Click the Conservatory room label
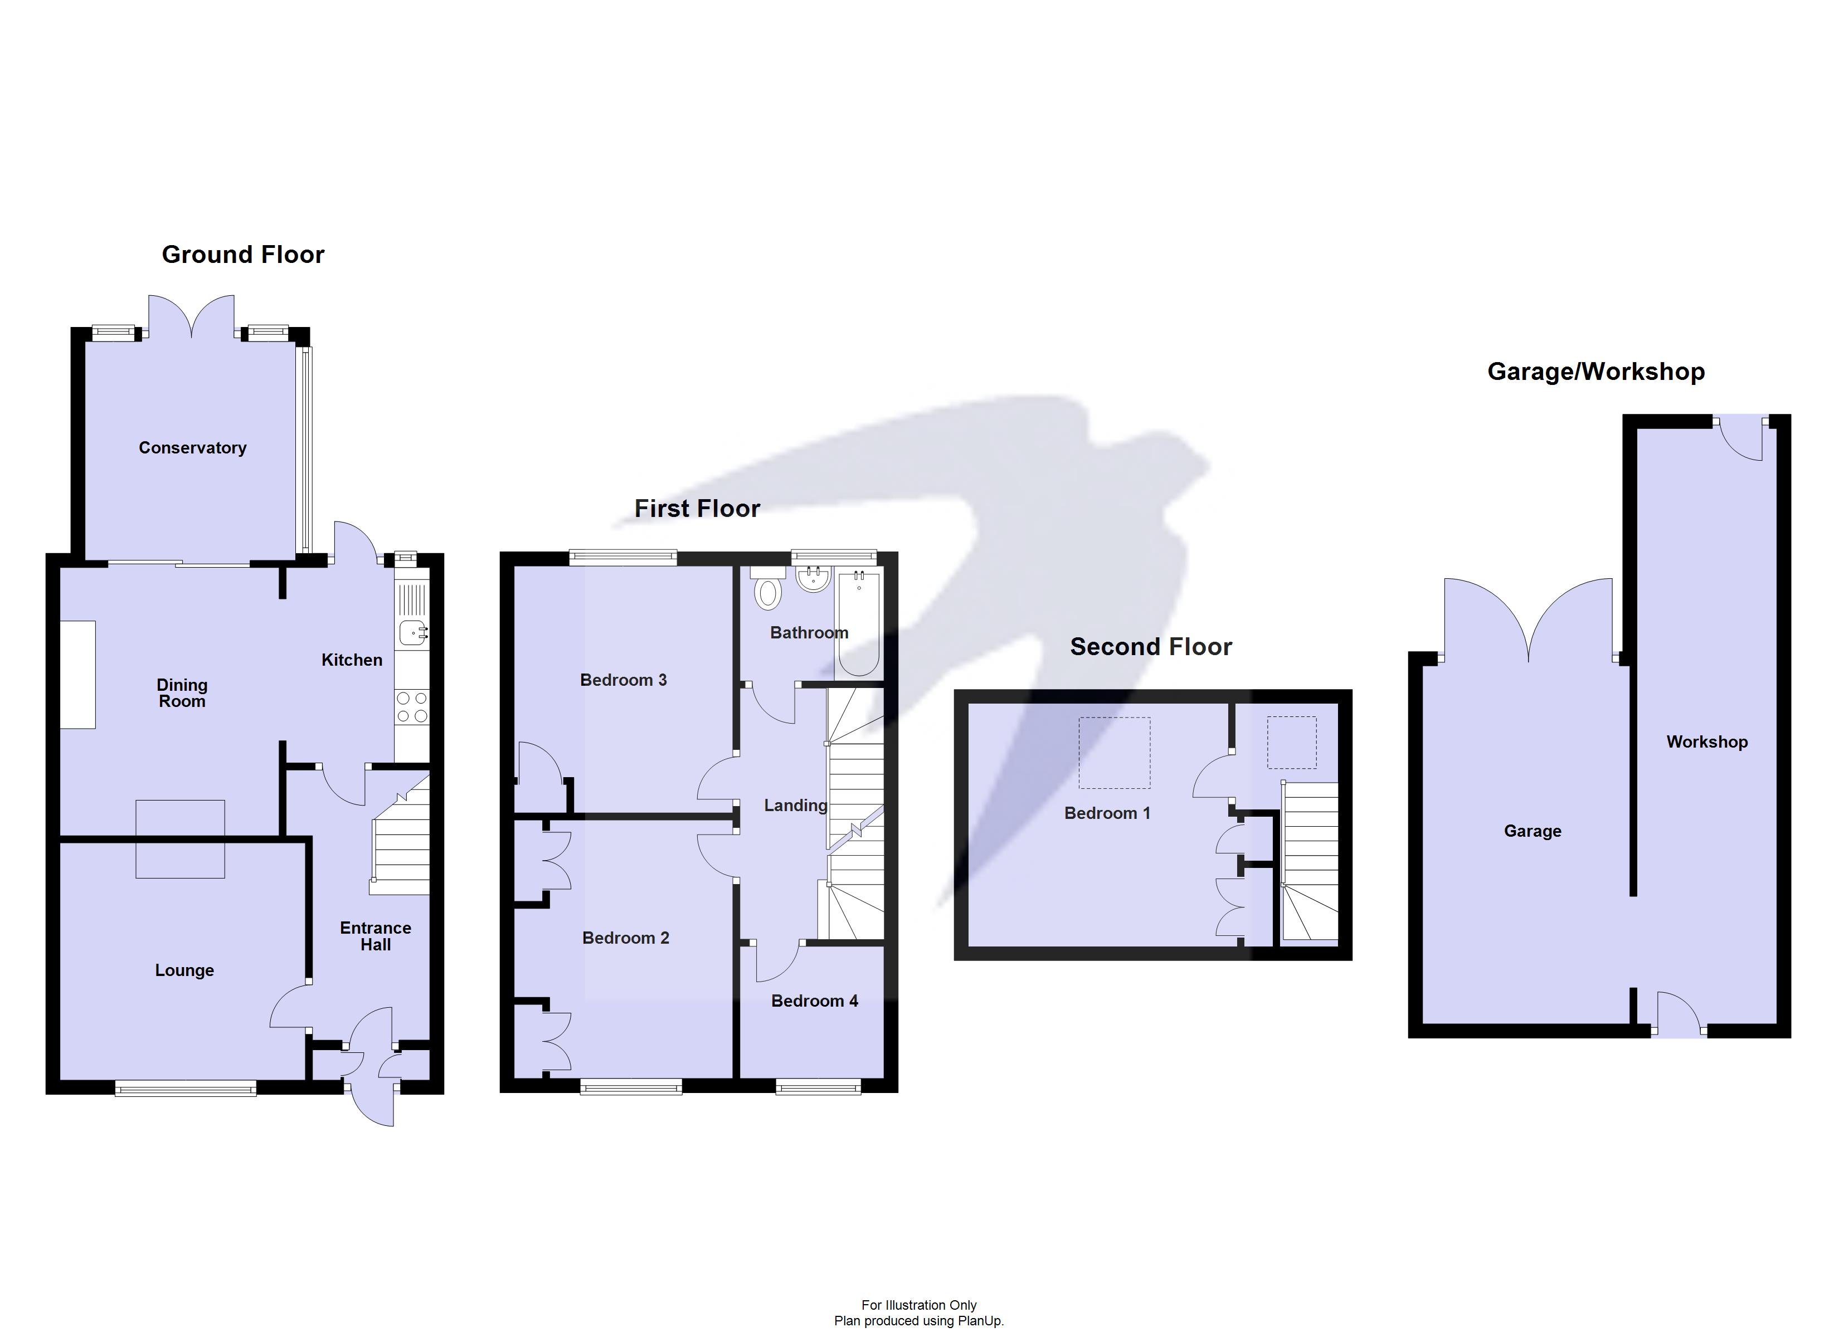point(192,447)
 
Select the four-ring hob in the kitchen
point(412,706)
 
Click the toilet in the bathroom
point(767,591)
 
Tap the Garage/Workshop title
point(1595,372)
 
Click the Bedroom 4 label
point(814,1001)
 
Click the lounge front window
point(186,1089)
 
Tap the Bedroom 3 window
point(622,557)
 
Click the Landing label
point(795,805)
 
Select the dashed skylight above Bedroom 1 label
point(1113,753)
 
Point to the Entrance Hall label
point(376,936)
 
